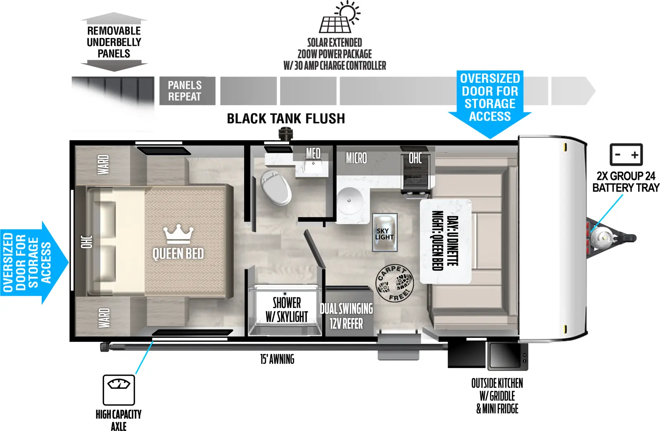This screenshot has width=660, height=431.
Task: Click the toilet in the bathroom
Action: pos(276,187)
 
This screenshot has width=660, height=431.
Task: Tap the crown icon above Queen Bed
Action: pos(178,234)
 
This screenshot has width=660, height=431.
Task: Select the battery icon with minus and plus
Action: pos(626,155)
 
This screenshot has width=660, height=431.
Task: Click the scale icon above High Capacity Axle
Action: pos(119,390)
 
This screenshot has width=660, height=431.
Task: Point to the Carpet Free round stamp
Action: pos(394,283)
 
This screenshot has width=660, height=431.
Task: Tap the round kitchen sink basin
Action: pos(349,200)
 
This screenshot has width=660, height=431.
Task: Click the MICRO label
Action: pos(356,158)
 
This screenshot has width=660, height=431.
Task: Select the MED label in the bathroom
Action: pos(313,153)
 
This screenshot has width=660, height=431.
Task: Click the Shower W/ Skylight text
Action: pos(287,309)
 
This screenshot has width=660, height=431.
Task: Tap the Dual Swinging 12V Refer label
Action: pos(346,316)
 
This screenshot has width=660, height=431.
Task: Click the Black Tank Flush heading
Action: pos(286,119)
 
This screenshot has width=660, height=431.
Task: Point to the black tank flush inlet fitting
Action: pos(285,134)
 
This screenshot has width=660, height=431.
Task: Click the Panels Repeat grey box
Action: pos(187,91)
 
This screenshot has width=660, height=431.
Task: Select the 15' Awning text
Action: pos(277,359)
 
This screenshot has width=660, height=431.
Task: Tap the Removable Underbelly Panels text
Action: pos(114,42)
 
